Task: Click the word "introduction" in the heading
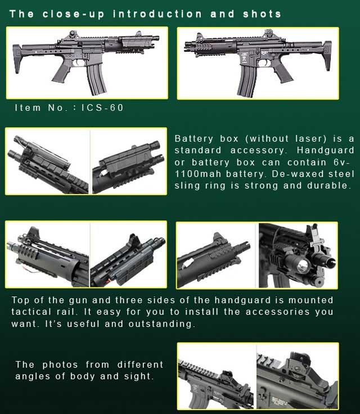click(x=157, y=14)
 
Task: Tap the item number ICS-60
click(x=102, y=108)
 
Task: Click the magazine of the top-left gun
click(x=96, y=79)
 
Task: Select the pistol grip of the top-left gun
click(x=61, y=71)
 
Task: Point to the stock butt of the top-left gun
click(x=17, y=58)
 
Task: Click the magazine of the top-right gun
click(x=247, y=80)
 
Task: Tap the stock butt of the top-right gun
click(x=327, y=56)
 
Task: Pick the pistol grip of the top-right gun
click(x=283, y=72)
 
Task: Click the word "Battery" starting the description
click(x=193, y=139)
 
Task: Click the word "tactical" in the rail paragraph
click(x=31, y=312)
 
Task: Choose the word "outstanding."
click(x=162, y=323)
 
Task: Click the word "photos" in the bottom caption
click(x=60, y=364)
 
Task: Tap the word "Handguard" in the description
click(x=325, y=150)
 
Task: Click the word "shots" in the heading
click(x=262, y=14)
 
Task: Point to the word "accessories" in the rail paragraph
click(x=277, y=312)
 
